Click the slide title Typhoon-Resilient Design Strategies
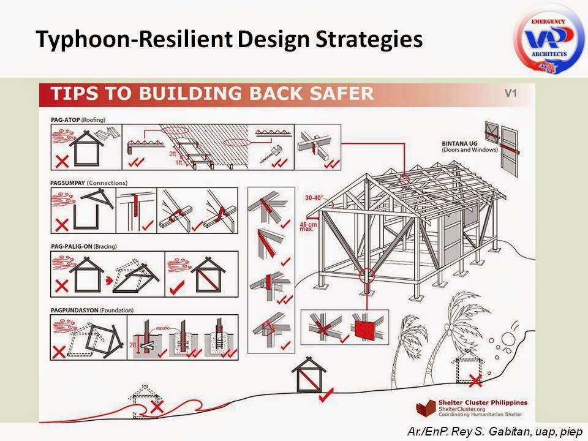coord(229,39)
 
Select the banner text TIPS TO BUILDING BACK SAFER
coord(211,94)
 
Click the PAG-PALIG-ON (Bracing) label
coord(87,246)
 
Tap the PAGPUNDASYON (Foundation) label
coord(92,309)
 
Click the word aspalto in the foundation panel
coord(161,321)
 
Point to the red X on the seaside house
coord(475,381)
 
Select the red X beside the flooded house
coord(158,406)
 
